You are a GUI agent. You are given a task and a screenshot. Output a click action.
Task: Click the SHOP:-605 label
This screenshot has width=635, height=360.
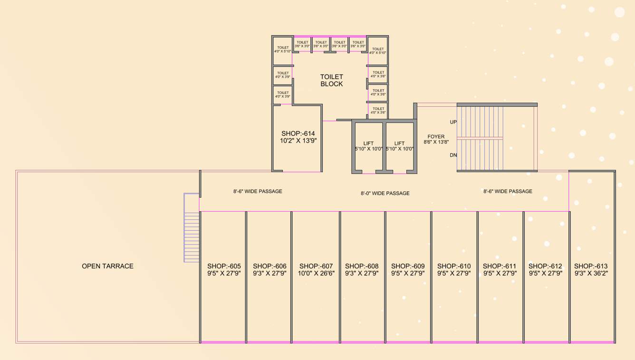(x=224, y=266)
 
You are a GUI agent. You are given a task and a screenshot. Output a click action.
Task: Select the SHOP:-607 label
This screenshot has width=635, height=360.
(x=316, y=266)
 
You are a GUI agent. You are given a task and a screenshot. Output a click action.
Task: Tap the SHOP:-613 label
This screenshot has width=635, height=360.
(x=591, y=266)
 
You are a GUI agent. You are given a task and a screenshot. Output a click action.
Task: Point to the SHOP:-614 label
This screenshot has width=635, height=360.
(x=298, y=133)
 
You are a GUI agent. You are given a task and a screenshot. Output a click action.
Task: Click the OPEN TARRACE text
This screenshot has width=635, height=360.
(x=107, y=266)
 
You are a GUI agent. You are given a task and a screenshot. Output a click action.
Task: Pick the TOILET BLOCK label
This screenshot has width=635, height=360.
(x=331, y=80)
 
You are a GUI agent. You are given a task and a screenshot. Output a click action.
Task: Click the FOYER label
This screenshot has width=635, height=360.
(x=436, y=137)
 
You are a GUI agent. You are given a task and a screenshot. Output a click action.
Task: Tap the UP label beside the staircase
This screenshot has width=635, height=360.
(x=453, y=122)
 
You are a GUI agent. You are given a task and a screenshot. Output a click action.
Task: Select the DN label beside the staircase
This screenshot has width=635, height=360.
(x=453, y=155)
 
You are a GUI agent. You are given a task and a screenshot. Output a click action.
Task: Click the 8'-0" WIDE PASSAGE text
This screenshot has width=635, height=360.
(x=385, y=193)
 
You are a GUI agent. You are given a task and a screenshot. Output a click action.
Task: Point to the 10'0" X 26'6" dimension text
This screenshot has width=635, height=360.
(x=316, y=274)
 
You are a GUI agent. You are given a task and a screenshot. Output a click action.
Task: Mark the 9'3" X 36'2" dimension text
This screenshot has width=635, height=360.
(x=591, y=274)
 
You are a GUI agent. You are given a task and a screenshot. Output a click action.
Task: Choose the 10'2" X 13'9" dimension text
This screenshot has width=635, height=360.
(x=298, y=141)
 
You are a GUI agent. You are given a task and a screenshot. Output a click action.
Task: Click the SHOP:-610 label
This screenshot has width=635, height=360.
(x=454, y=266)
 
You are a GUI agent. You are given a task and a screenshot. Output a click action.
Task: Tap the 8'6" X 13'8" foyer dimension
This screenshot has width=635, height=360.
(x=436, y=142)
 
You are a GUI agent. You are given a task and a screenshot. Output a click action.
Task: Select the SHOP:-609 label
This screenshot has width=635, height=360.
(x=408, y=266)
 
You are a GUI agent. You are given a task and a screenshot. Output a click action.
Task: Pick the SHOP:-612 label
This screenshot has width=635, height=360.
(x=545, y=266)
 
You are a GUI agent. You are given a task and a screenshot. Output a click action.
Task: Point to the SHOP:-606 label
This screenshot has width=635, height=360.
(x=269, y=266)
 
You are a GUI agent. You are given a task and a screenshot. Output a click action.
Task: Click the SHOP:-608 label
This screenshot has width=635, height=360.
(x=362, y=266)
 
